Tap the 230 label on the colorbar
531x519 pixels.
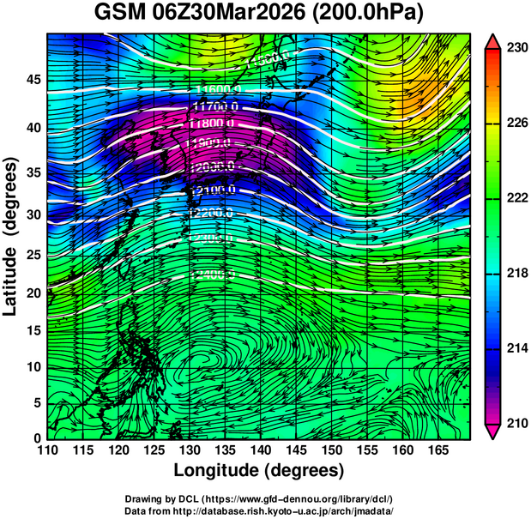pos(515,48)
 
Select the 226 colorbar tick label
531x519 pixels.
pos(515,124)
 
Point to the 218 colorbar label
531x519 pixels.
pos(515,273)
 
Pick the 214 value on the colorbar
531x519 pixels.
pos(515,348)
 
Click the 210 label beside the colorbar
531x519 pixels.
pos(515,423)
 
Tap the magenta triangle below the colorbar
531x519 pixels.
pos(492,431)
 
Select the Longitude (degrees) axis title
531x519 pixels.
pos(259,470)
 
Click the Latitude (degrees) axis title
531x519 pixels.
pos(12,236)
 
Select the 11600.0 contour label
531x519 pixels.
pos(218,89)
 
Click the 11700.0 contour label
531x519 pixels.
pos(214,106)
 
